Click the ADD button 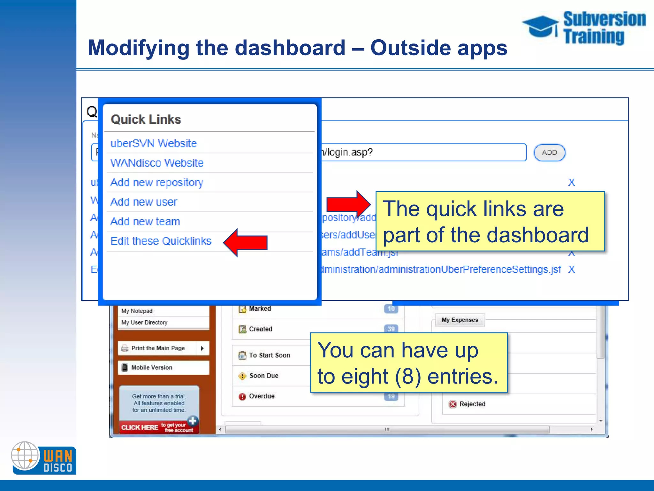coord(549,152)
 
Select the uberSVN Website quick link coord(154,144)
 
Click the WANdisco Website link coord(157,163)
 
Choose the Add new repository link coord(157,183)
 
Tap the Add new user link coord(144,202)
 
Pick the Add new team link coord(145,222)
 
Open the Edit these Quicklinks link coord(161,241)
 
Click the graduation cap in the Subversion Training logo coord(540,26)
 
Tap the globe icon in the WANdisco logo coord(25,455)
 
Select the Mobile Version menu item coord(152,368)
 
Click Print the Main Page coord(158,348)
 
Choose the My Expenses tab coord(460,320)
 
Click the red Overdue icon coord(242,397)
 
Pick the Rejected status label coord(472,404)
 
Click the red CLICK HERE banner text coord(140,427)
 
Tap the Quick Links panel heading coord(146,120)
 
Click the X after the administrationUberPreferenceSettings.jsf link coord(571,269)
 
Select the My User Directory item coord(144,323)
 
